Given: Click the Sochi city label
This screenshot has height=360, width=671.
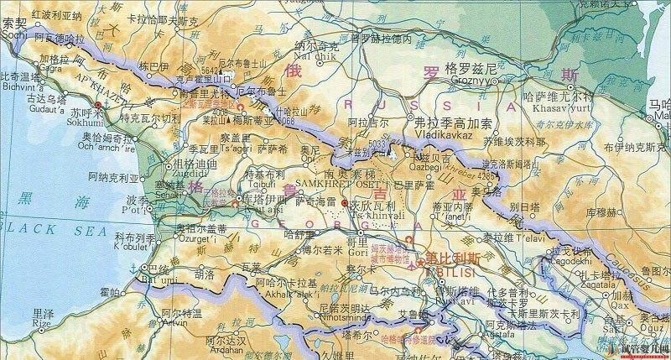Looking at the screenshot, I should point(14,37).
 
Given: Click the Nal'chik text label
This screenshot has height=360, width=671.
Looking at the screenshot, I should point(309,57).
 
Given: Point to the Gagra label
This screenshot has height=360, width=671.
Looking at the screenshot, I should point(52,70).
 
